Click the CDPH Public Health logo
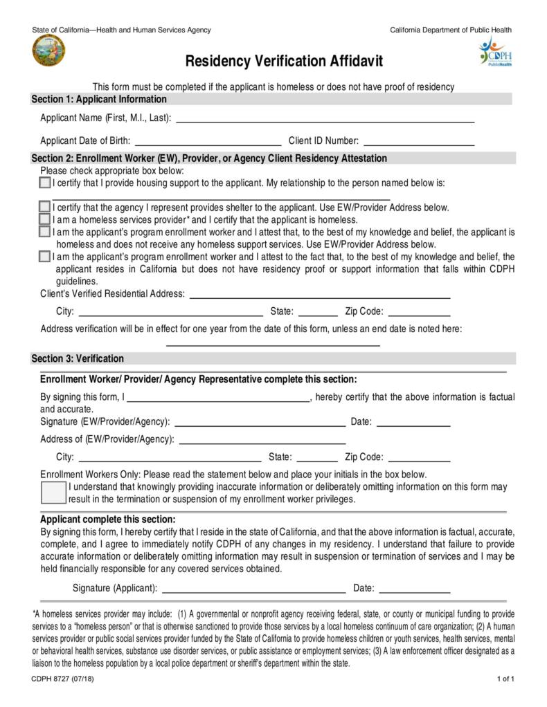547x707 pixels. (x=494, y=53)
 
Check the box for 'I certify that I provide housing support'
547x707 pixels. (x=45, y=183)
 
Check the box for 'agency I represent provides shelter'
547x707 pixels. (x=45, y=207)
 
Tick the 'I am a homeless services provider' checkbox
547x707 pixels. (x=45, y=219)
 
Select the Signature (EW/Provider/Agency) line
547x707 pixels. (x=260, y=421)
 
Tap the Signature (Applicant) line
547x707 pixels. (x=253, y=589)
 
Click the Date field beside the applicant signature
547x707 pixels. (x=415, y=589)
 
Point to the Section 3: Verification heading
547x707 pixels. (x=78, y=358)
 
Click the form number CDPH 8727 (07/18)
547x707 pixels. (x=62, y=679)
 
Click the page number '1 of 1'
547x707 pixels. (x=505, y=679)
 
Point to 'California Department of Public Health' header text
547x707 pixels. (x=451, y=30)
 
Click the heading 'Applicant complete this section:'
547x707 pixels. (x=108, y=519)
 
